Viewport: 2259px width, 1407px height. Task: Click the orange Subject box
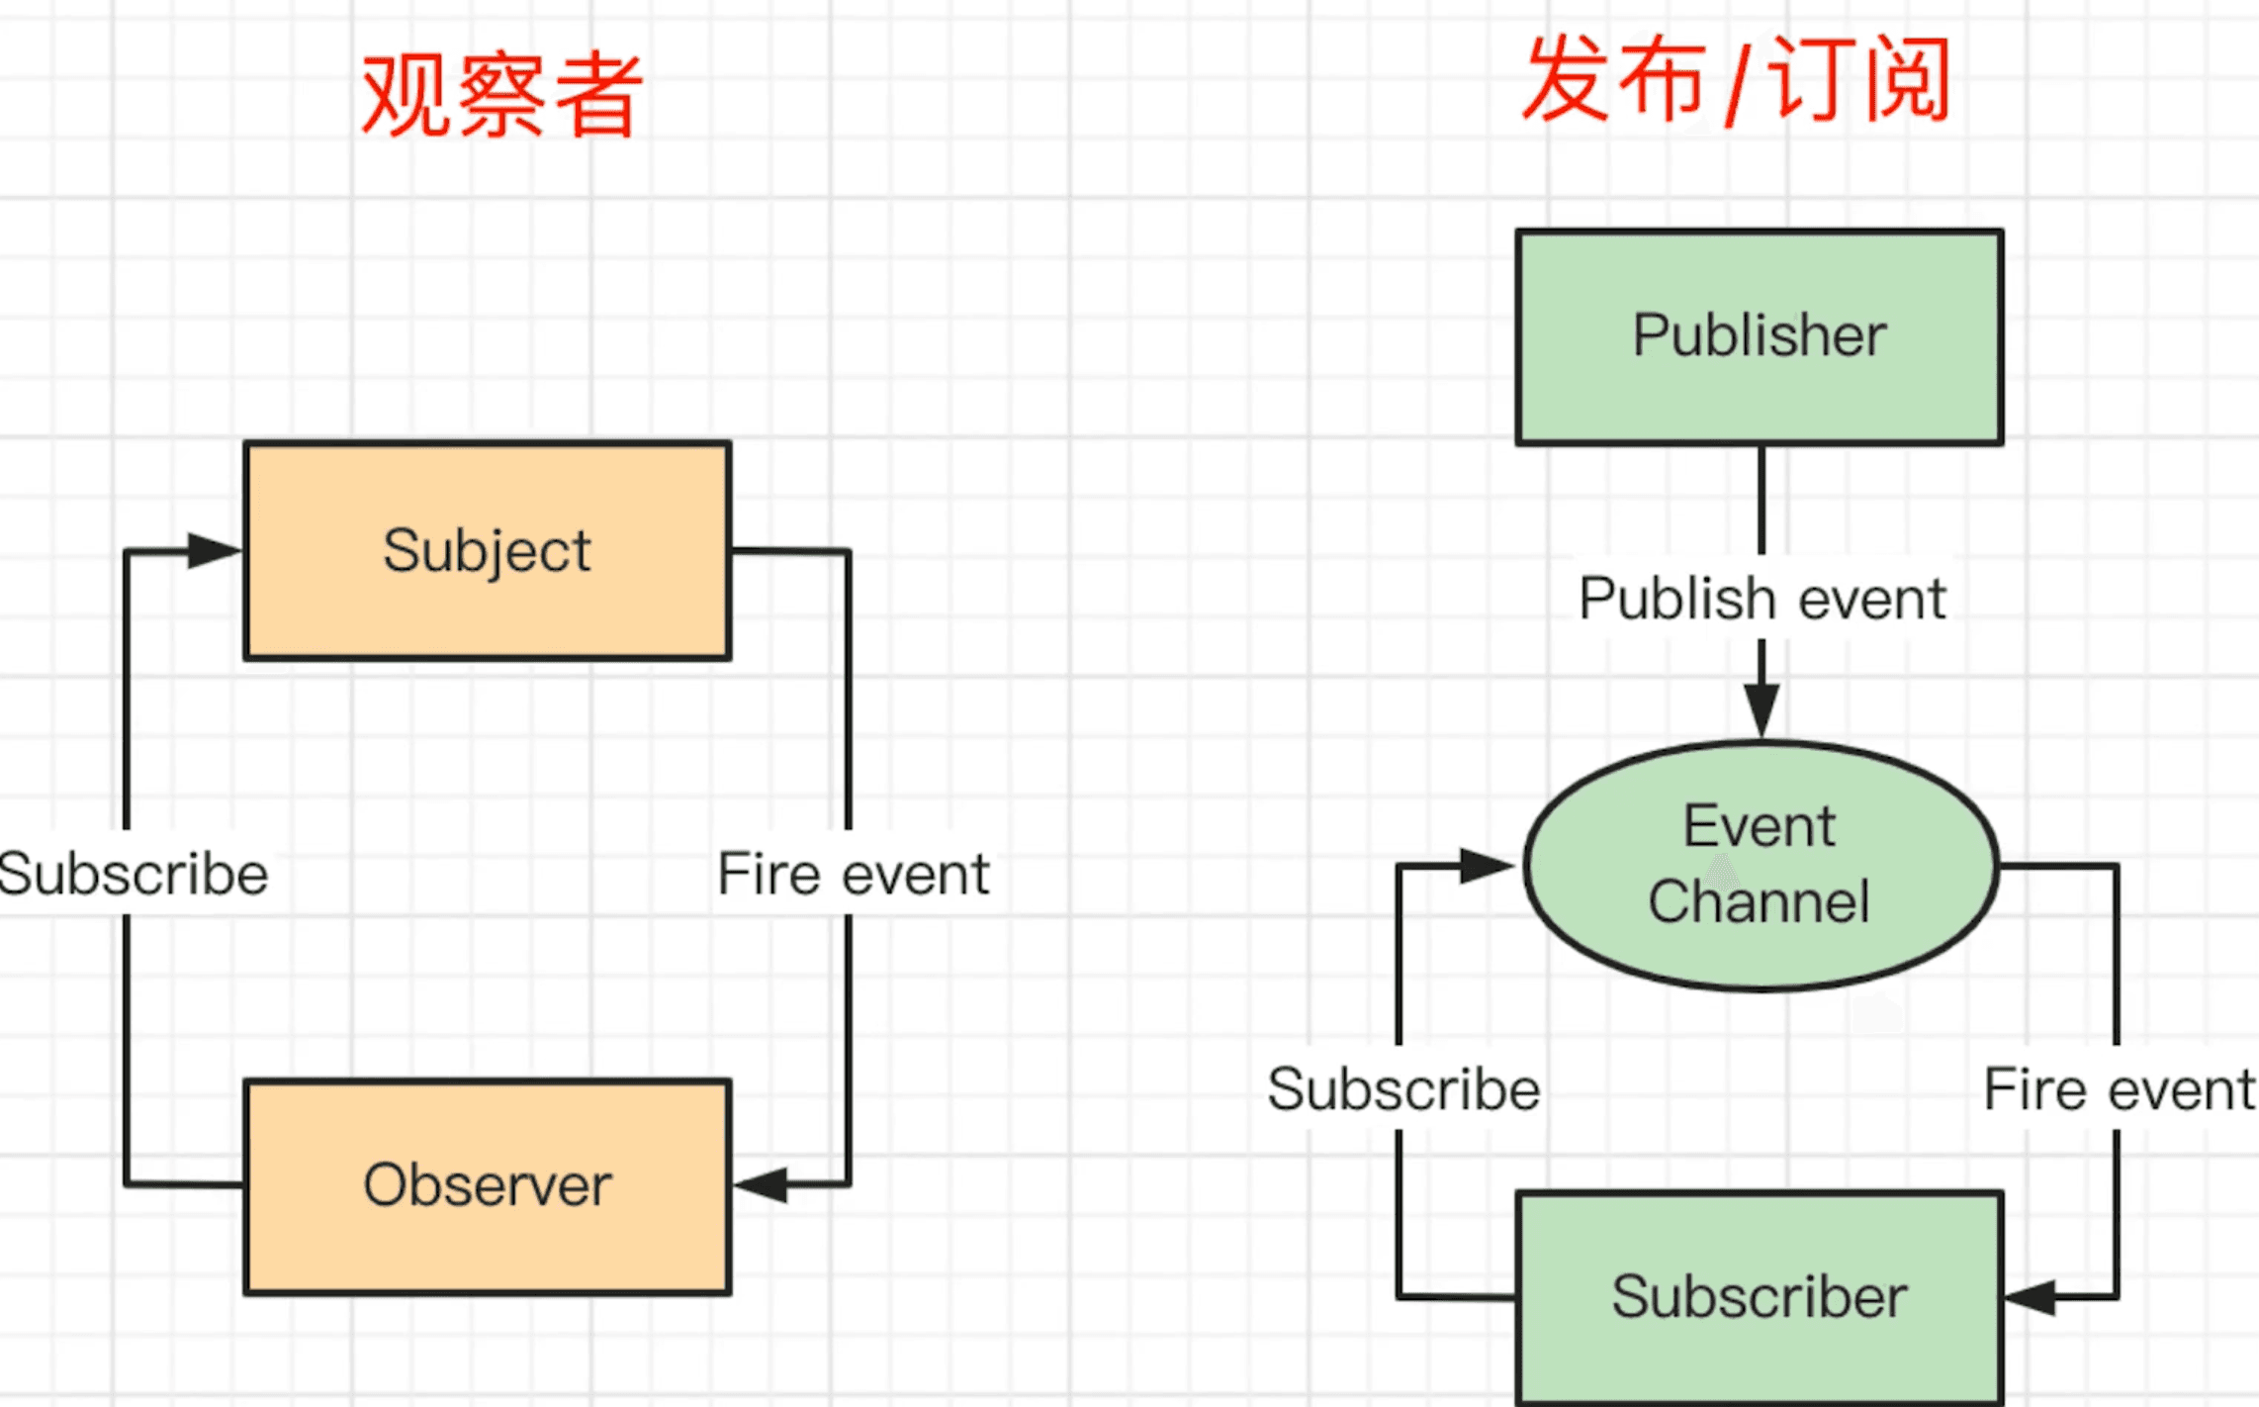pyautogui.click(x=488, y=550)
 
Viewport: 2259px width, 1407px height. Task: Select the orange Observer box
pyautogui.click(x=488, y=1185)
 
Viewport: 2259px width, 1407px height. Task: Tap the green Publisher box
pyautogui.click(x=1760, y=336)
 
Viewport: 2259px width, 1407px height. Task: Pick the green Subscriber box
pyautogui.click(x=1760, y=1297)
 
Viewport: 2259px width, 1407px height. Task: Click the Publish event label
pyautogui.click(x=1762, y=599)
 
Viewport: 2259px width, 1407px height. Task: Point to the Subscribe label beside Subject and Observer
pyautogui.click(x=133, y=875)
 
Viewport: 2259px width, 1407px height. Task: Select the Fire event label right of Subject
pyautogui.click(x=853, y=875)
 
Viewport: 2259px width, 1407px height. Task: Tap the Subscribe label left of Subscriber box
pyautogui.click(x=1403, y=1089)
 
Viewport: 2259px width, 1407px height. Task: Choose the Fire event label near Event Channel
pyautogui.click(x=2120, y=1089)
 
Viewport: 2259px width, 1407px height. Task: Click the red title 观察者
pyautogui.click(x=502, y=95)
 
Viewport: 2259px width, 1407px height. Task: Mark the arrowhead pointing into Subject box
pyautogui.click(x=214, y=550)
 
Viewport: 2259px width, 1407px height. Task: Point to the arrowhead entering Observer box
pyautogui.click(x=762, y=1183)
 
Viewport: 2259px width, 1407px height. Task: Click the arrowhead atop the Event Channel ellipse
pyautogui.click(x=1762, y=708)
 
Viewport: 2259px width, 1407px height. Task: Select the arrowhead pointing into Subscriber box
pyautogui.click(x=2031, y=1296)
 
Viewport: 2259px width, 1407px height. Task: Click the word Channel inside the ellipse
pyautogui.click(x=1759, y=902)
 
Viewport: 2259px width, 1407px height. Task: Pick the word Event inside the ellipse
pyautogui.click(x=1759, y=826)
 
